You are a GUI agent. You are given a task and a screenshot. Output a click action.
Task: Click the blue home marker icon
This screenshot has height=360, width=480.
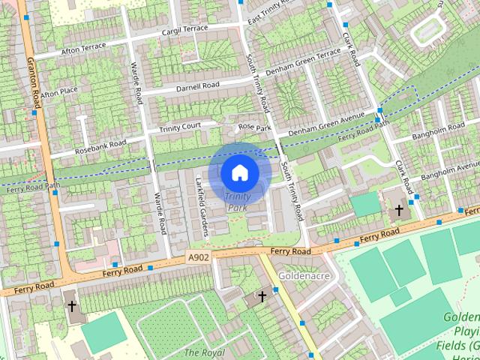pos(239,172)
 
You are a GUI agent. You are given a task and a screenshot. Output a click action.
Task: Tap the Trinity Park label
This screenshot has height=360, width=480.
pos(238,201)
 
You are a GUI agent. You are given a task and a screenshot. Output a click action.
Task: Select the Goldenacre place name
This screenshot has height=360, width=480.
pos(300,276)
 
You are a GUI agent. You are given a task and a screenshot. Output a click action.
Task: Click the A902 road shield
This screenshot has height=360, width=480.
pos(199,257)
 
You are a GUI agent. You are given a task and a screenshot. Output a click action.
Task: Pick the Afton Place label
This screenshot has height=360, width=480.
pos(59,94)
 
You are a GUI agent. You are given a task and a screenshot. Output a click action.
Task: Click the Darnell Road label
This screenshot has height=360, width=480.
pos(199,87)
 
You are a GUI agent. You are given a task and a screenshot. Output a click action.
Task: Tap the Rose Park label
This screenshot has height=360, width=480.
pos(253,127)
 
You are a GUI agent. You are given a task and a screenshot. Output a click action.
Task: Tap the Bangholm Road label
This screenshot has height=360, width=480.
pos(439,130)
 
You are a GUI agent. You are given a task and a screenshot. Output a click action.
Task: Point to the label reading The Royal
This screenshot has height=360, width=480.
pos(203,352)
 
